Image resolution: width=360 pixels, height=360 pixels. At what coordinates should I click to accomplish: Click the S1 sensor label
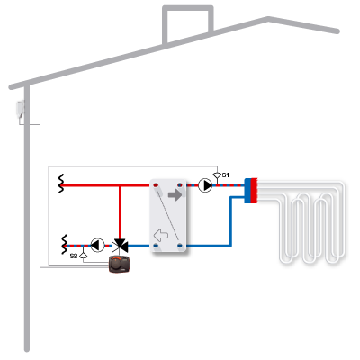(226, 175)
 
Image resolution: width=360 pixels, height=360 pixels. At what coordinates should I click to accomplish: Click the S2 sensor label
(74, 256)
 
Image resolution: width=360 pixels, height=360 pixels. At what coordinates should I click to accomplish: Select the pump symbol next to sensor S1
(205, 185)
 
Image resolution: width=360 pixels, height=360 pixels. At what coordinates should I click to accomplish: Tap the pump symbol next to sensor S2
(97, 246)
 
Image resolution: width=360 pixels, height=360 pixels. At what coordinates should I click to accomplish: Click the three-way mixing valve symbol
(120, 246)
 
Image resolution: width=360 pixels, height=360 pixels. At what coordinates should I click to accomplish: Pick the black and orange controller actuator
(119, 265)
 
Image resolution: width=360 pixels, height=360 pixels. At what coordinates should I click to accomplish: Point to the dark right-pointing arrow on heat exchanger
(175, 195)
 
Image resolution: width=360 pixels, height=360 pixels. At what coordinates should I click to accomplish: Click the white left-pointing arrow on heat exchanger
(161, 236)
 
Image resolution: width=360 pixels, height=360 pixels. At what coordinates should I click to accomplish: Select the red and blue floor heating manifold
(251, 191)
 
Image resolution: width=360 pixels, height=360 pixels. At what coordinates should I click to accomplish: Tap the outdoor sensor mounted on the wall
(21, 109)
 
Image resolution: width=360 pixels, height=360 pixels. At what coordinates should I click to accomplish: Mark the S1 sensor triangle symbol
(217, 175)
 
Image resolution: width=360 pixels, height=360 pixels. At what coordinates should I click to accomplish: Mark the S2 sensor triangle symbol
(84, 256)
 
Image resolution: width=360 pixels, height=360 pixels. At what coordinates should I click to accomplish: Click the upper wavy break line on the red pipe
(61, 184)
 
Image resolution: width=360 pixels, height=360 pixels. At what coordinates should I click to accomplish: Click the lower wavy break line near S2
(64, 245)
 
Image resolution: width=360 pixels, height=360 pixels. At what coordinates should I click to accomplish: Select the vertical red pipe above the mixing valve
(120, 212)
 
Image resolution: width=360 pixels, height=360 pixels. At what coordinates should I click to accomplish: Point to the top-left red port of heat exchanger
(156, 185)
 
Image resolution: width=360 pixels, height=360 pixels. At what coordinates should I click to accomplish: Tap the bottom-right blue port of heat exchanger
(180, 246)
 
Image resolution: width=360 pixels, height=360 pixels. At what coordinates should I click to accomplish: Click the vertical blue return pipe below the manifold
(230, 221)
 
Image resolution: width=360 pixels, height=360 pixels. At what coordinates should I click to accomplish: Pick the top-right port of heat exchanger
(180, 185)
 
